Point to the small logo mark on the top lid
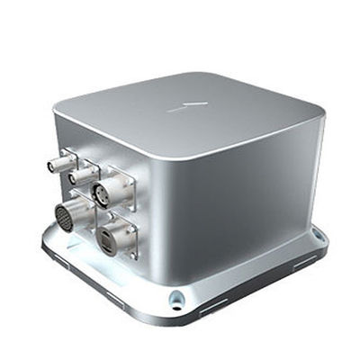pyautogui.click(x=187, y=105)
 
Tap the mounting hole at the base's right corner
pyautogui.click(x=317, y=236)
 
